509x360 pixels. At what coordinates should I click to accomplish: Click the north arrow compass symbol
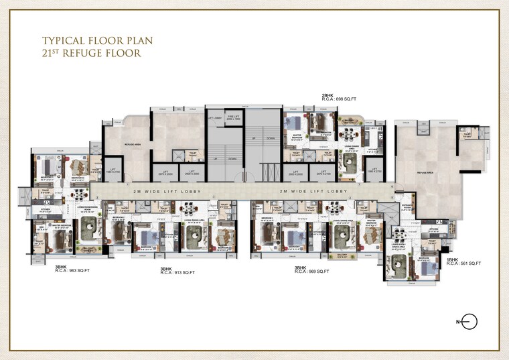coord(470,322)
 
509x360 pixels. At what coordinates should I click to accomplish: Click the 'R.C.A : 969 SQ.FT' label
coord(313,272)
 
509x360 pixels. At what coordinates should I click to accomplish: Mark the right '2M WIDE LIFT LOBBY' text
coord(314,192)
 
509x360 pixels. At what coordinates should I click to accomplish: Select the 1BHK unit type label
coord(452,259)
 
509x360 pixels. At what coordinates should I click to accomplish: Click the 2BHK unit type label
coord(328,95)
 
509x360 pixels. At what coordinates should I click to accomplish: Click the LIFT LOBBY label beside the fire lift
coord(214,118)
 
